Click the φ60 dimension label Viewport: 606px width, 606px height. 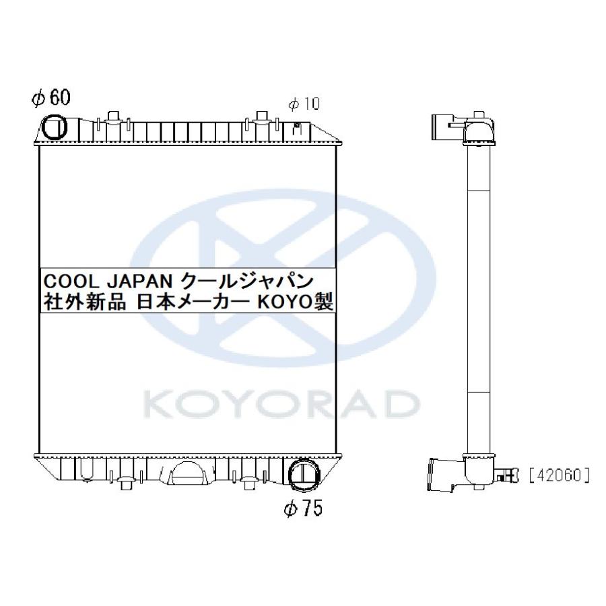pyautogui.click(x=51, y=98)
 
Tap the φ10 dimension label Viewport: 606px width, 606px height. pyautogui.click(x=303, y=104)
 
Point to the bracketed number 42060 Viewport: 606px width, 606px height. pyautogui.click(x=560, y=476)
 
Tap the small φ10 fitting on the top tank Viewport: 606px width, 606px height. pyautogui.click(x=297, y=125)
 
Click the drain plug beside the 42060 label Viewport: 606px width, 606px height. pyautogui.click(x=508, y=475)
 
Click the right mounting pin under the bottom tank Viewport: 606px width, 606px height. pyautogui.click(x=250, y=484)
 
